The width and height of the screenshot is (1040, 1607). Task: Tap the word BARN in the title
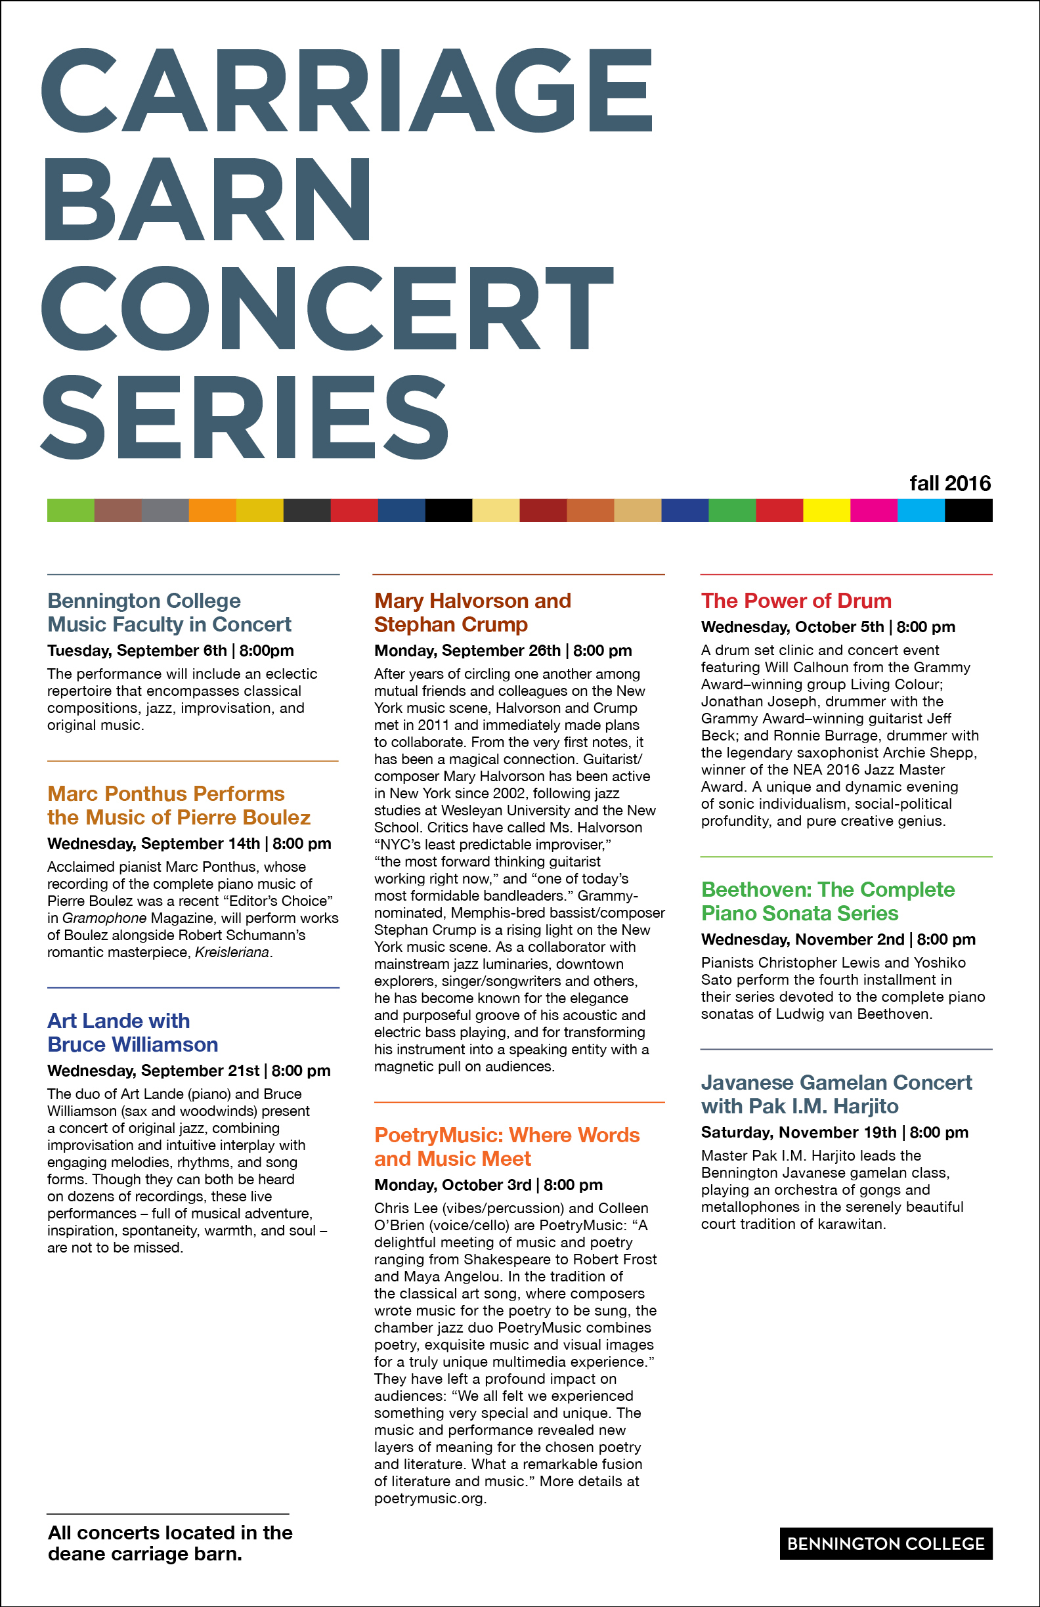pyautogui.click(x=207, y=199)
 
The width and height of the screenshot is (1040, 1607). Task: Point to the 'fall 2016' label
pyautogui.click(x=949, y=483)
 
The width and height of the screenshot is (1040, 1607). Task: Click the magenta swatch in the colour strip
pyautogui.click(x=873, y=511)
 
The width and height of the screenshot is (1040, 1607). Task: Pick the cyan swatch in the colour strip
pyautogui.click(x=921, y=511)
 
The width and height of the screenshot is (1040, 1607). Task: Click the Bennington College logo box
pyautogui.click(x=885, y=1543)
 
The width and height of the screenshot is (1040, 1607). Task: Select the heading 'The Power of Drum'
pyautogui.click(x=796, y=600)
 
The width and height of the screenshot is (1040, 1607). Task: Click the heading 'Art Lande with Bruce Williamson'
pyautogui.click(x=133, y=1033)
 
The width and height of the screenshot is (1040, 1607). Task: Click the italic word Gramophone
pyautogui.click(x=104, y=918)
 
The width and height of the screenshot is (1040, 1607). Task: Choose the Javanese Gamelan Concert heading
pyautogui.click(x=836, y=1094)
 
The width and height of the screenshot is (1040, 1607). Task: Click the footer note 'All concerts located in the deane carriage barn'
pyautogui.click(x=169, y=1543)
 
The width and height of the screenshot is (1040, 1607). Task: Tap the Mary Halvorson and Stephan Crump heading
pyautogui.click(x=472, y=612)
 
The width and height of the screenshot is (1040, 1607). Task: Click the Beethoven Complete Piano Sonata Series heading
pyautogui.click(x=827, y=901)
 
